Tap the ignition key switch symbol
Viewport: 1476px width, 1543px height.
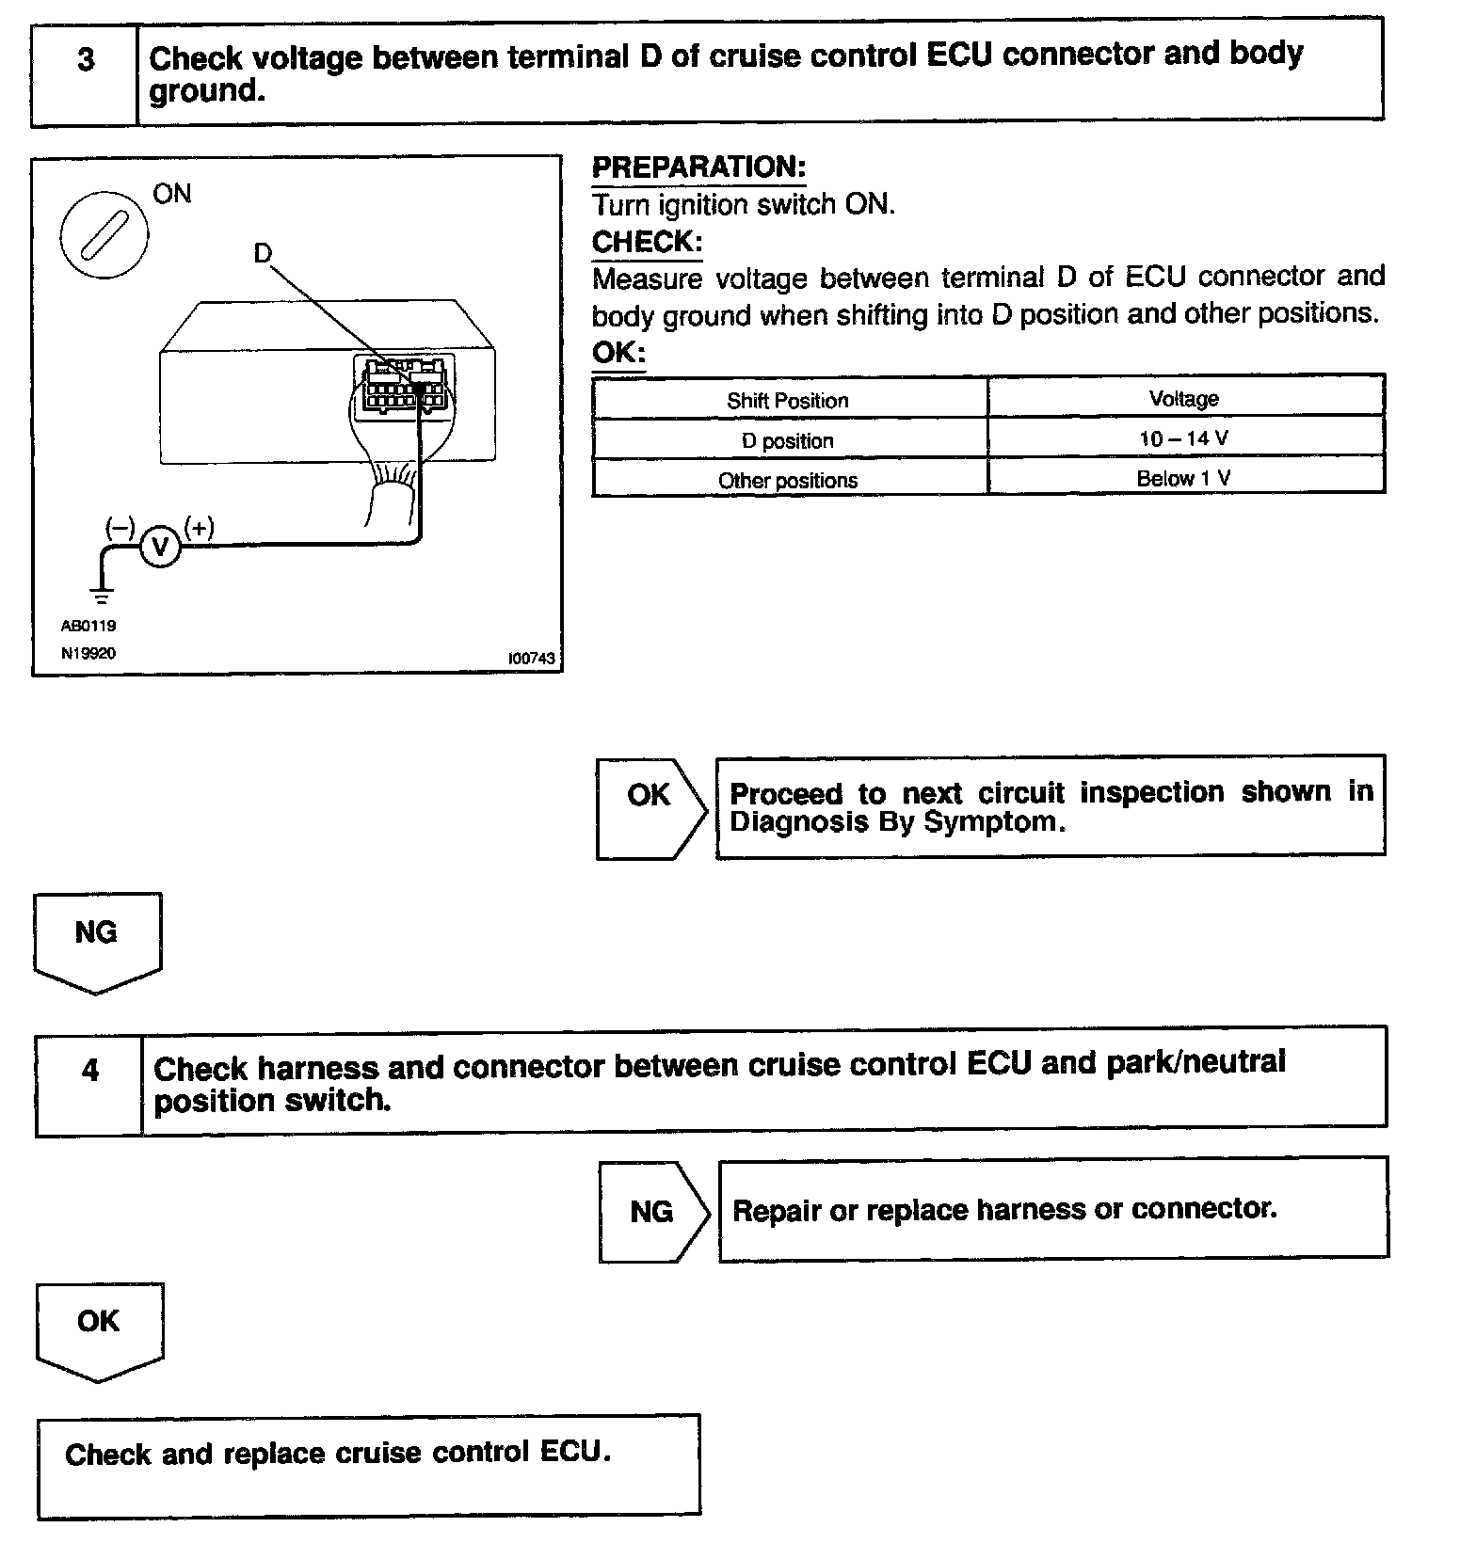click(104, 234)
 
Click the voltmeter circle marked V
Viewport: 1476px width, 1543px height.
click(160, 547)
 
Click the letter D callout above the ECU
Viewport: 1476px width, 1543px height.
click(263, 253)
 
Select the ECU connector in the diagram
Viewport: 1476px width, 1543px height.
click(403, 384)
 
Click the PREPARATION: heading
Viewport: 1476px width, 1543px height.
click(698, 167)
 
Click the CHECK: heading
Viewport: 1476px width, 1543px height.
click(647, 242)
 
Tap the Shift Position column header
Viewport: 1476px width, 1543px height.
click(788, 400)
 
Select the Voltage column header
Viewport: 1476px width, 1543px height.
click(1183, 398)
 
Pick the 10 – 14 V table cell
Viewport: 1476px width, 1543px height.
click(1183, 438)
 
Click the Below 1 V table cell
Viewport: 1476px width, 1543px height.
click(1183, 478)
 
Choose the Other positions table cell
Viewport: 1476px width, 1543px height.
click(788, 480)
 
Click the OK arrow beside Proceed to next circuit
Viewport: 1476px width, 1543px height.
click(650, 807)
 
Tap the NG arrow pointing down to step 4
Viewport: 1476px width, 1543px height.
click(97, 939)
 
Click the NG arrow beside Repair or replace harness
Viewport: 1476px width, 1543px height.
click(652, 1211)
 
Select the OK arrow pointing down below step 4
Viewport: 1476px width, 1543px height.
click(99, 1328)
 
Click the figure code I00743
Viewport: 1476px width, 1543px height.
click(531, 659)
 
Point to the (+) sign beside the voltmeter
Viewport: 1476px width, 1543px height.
click(199, 527)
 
